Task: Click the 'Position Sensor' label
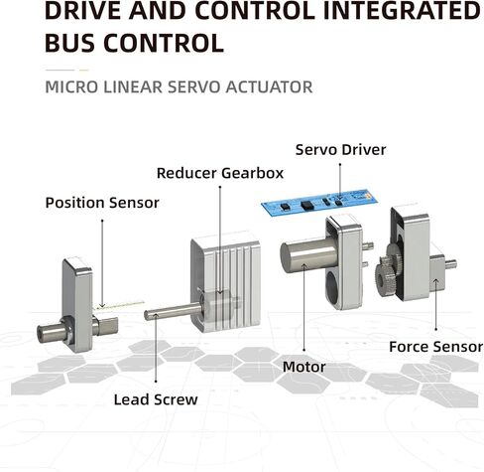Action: pyautogui.click(x=102, y=203)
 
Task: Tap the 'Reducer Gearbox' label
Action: pyautogui.click(x=220, y=173)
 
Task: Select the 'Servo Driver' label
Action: pyautogui.click(x=340, y=150)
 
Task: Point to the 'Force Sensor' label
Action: pyautogui.click(x=436, y=347)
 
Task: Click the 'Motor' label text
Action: pyautogui.click(x=304, y=367)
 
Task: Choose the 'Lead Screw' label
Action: pyautogui.click(x=156, y=399)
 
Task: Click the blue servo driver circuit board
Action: pyautogui.click(x=319, y=203)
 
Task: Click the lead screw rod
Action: pyautogui.click(x=173, y=312)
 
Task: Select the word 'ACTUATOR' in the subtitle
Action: pyautogui.click(x=269, y=87)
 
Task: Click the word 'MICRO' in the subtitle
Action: pyautogui.click(x=71, y=87)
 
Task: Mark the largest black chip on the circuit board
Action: pyautogui.click(x=307, y=205)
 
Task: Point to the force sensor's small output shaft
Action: pyautogui.click(x=451, y=264)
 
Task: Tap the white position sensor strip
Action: pyautogui.click(x=119, y=305)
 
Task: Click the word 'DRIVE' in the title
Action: pyautogui.click(x=83, y=11)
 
